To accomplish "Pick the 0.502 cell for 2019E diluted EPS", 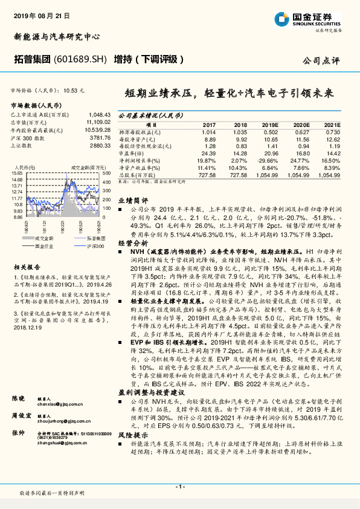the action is click(x=269, y=132).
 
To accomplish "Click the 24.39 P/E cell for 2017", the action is click(x=207, y=153).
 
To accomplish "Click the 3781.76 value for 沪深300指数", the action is click(x=100, y=137).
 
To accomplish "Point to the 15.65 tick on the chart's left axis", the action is click(x=17, y=172).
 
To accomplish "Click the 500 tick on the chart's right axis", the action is click(x=106, y=172).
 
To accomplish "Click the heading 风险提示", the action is click(x=132, y=452).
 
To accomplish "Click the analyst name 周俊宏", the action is click(x=20, y=415).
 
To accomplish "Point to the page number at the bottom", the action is click(x=179, y=487).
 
